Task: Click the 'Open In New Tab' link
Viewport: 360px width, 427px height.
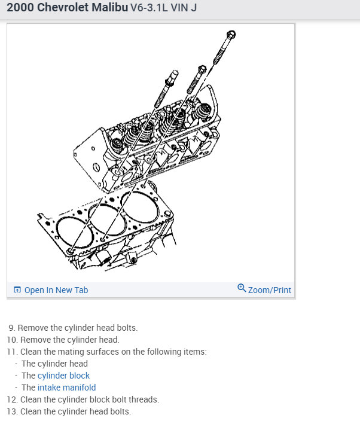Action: click(x=56, y=290)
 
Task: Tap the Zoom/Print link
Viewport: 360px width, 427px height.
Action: click(x=269, y=290)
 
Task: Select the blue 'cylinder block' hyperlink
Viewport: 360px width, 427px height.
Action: click(x=63, y=376)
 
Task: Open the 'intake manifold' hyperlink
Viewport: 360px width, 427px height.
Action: click(x=66, y=388)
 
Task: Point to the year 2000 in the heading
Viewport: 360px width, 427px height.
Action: click(x=20, y=9)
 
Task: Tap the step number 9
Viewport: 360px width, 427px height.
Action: click(x=12, y=328)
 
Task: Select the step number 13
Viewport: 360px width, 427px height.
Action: click(x=11, y=411)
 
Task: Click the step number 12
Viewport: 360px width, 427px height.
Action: click(x=11, y=399)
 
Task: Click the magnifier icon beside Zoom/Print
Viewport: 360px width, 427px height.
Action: click(x=241, y=289)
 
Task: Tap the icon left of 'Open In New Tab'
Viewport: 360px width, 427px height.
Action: click(x=17, y=290)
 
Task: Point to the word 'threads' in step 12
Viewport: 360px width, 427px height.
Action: click(x=145, y=399)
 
